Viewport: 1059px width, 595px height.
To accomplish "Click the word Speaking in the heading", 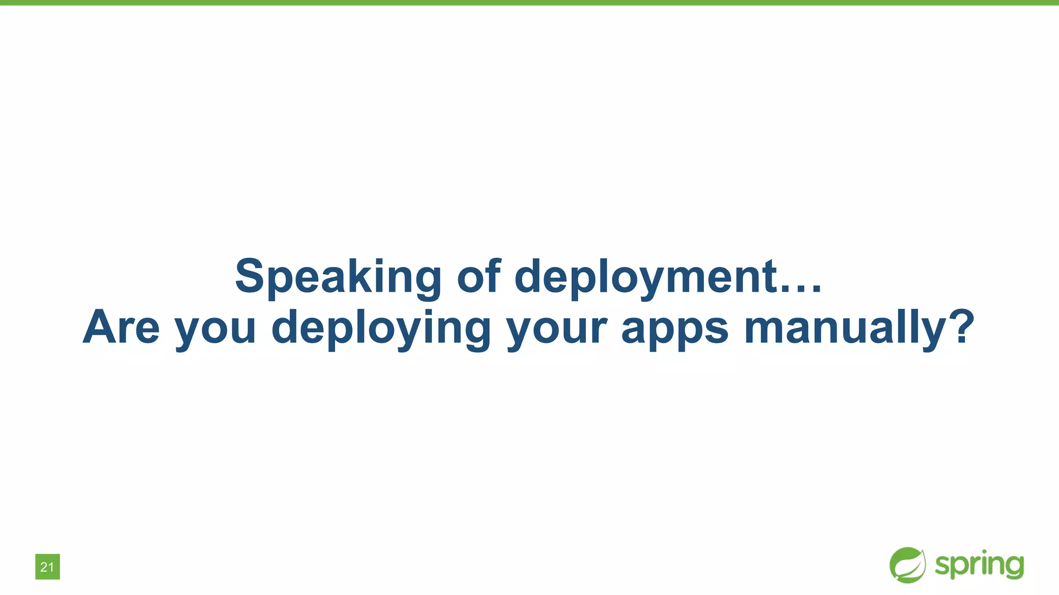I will pyautogui.click(x=338, y=277).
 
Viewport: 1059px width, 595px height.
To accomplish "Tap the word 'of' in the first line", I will pyautogui.click(x=479, y=276).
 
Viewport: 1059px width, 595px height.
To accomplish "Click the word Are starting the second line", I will pyautogui.click(x=121, y=327).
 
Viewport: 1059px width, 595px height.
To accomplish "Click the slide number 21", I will pyautogui.click(x=47, y=567).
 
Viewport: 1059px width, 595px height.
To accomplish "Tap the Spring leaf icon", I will pyautogui.click(x=907, y=565).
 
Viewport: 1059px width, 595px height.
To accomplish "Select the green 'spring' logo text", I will pyautogui.click(x=979, y=566).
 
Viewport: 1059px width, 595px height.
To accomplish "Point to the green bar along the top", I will pyautogui.click(x=529, y=3).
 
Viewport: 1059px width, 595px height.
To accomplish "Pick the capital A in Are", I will pyautogui.click(x=102, y=326).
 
